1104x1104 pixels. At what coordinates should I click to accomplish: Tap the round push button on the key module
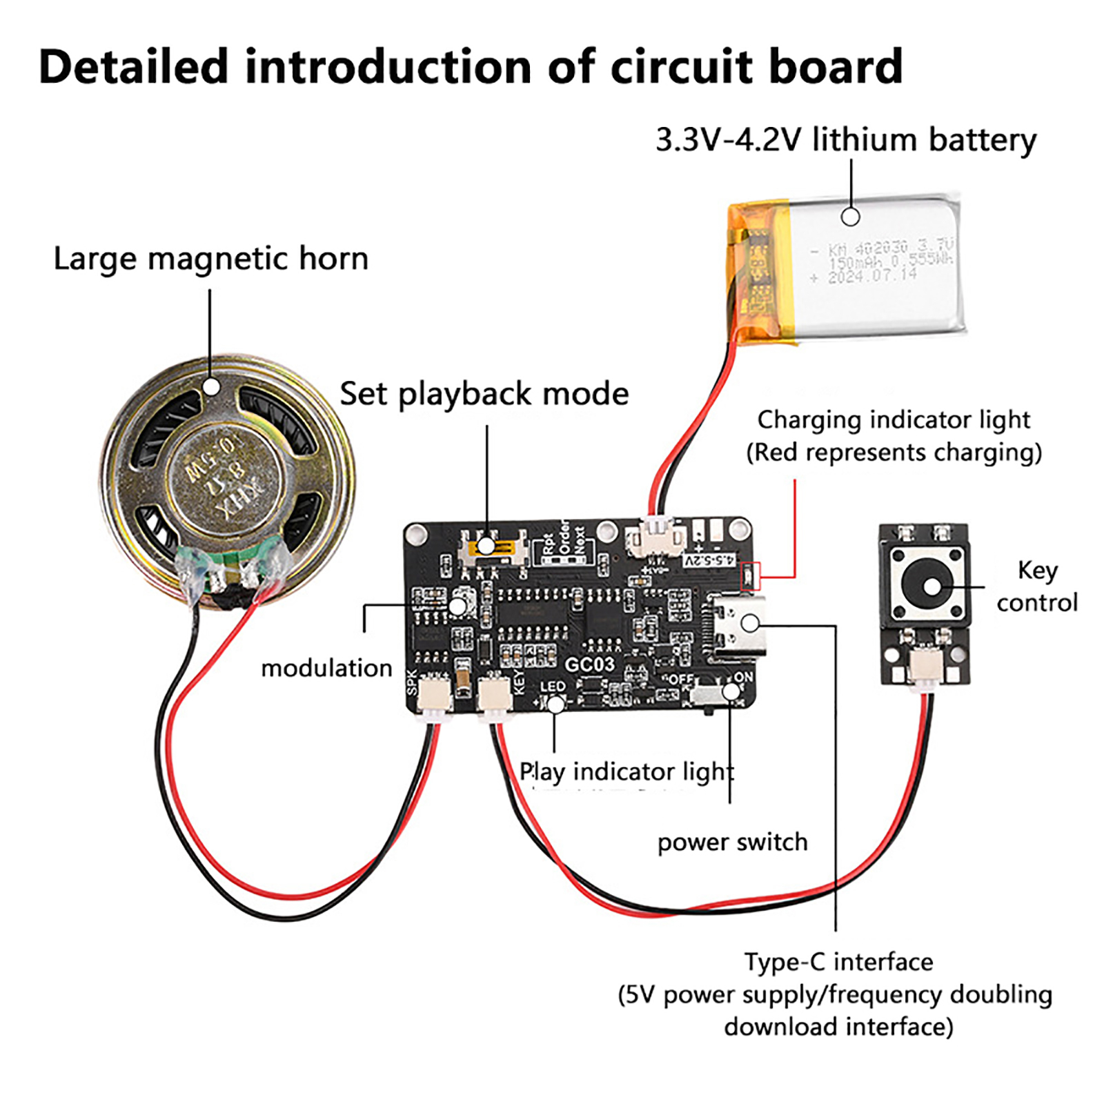[x=930, y=586]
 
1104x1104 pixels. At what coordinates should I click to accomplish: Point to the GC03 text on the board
[x=589, y=664]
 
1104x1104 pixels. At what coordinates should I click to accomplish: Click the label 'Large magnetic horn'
[x=211, y=259]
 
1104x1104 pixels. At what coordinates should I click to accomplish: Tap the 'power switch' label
[x=732, y=842]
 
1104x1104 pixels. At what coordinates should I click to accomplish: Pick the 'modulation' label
[x=326, y=668]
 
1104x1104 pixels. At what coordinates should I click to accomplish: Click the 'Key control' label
[x=1036, y=586]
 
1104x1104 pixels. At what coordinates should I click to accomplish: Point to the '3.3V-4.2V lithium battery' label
[x=845, y=140]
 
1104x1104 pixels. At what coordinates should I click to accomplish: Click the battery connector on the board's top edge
[x=655, y=538]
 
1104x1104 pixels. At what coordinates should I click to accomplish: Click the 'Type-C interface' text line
[x=838, y=962]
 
